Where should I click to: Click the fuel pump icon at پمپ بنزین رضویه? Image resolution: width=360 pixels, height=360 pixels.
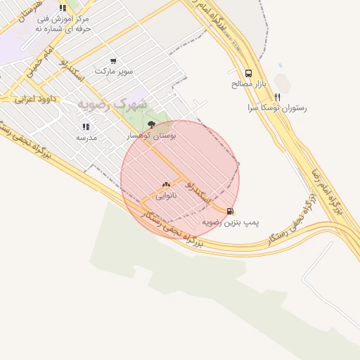230,211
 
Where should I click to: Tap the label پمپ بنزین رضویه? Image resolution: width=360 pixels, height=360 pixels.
231,222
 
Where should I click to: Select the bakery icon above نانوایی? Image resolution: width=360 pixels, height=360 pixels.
166,185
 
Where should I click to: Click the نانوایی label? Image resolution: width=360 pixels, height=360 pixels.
167,197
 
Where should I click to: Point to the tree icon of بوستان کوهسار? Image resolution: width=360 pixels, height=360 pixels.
151,124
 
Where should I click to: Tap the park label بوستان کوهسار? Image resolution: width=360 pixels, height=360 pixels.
151,134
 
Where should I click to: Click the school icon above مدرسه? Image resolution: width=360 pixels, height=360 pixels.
86,127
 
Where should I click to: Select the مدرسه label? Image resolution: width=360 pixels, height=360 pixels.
86,139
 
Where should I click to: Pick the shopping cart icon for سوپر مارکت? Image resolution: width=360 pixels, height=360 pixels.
113,62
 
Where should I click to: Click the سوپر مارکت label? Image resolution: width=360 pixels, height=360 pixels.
113,72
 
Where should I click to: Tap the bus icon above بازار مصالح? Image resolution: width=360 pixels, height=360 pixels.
248,73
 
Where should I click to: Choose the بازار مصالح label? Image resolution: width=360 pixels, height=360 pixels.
247,84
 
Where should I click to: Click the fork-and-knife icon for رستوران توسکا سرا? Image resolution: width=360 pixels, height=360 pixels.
278,98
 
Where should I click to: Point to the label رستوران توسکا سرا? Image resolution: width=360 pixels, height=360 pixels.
277,108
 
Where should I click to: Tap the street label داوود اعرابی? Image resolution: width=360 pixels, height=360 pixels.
35,99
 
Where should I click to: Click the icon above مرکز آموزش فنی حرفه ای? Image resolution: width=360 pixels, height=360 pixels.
63,8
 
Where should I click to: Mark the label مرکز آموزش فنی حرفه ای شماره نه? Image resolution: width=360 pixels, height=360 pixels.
64,25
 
